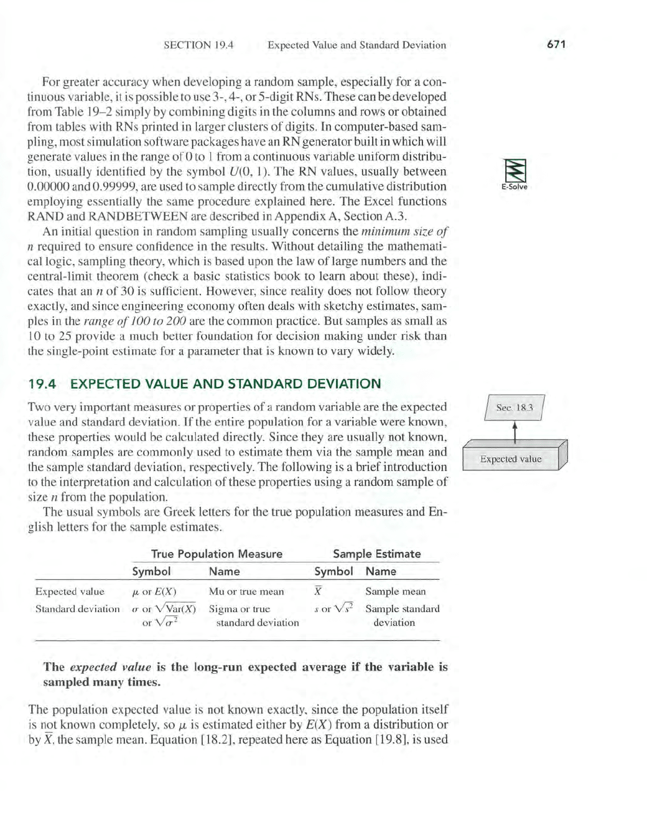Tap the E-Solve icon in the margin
(x=514, y=174)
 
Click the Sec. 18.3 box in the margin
(x=514, y=408)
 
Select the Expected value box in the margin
(x=511, y=459)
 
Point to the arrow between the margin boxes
(x=515, y=431)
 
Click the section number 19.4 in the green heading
(x=42, y=384)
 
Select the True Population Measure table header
(x=216, y=554)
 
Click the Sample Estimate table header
(x=376, y=554)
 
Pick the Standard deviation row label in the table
(x=77, y=608)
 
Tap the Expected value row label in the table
(x=70, y=591)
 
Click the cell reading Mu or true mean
(x=246, y=591)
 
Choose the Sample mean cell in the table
(x=396, y=591)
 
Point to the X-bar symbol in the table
(x=318, y=591)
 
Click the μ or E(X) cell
(x=155, y=591)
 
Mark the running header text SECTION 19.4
(x=198, y=45)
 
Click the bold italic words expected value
(x=110, y=667)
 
